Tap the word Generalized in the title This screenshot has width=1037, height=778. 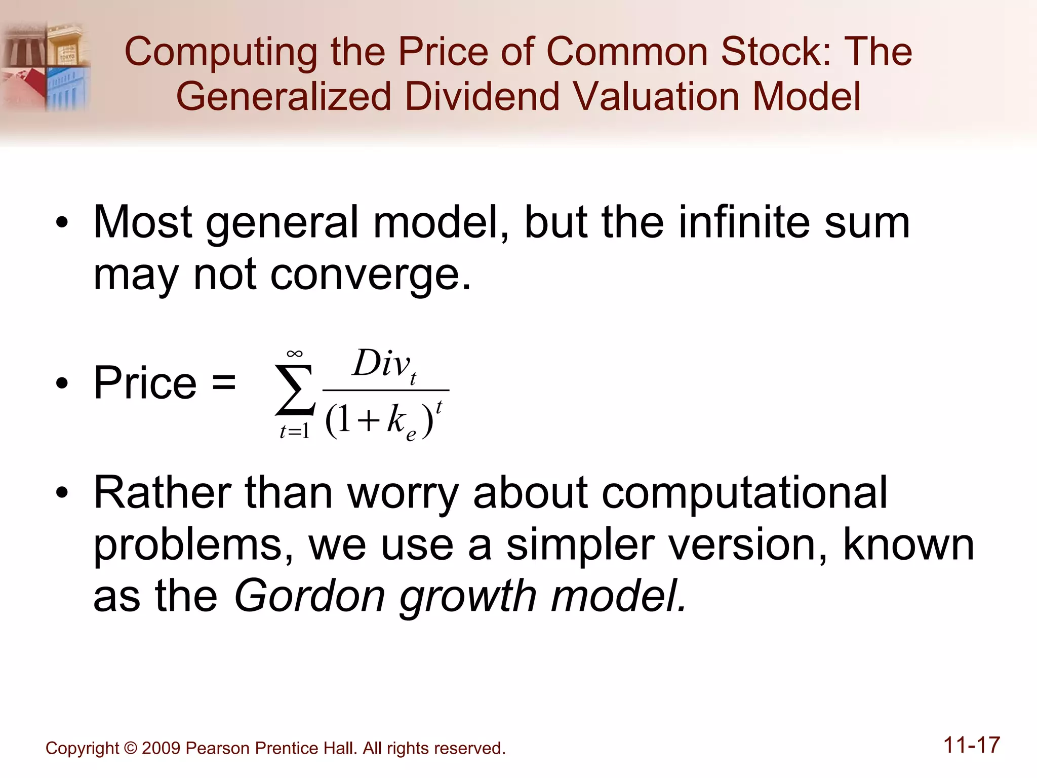284,97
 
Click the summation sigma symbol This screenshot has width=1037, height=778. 295,390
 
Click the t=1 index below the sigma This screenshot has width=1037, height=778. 294,432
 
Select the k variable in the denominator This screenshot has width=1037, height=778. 396,419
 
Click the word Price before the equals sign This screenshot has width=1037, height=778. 145,383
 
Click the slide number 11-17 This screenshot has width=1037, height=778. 971,746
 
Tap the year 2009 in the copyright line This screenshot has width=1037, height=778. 161,749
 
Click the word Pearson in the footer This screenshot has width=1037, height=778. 218,749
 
